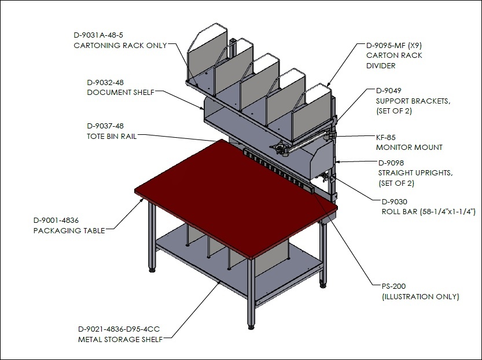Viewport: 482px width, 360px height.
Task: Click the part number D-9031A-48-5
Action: [98, 35]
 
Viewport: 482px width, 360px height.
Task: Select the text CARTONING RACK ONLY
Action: [120, 46]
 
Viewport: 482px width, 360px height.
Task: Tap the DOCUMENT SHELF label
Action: [121, 93]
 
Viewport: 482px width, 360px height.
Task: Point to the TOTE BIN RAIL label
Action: [112, 136]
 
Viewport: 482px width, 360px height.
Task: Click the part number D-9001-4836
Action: [56, 221]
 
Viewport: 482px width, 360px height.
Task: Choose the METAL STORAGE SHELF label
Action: [120, 340]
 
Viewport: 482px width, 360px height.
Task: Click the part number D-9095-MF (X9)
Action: [394, 46]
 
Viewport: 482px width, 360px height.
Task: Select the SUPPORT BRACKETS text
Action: [413, 101]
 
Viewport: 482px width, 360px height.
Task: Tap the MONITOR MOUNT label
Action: [409, 147]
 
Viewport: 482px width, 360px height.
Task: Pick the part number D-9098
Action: [391, 163]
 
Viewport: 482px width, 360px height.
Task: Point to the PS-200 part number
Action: [394, 286]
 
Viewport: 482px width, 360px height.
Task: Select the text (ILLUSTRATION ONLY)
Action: [421, 297]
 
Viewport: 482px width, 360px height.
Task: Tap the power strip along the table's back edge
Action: [279, 170]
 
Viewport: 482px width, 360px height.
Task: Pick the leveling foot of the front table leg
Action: [252, 327]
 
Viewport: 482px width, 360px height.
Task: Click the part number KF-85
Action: [386, 137]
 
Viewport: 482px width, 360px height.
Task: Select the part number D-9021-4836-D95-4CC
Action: [119, 329]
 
